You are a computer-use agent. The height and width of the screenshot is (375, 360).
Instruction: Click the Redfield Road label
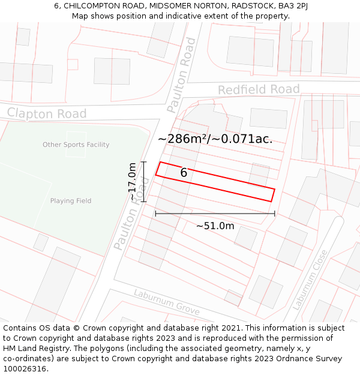[259, 90]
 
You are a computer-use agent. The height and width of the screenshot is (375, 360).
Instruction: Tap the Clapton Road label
[47, 113]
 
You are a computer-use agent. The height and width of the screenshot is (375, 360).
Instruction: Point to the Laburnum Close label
[310, 280]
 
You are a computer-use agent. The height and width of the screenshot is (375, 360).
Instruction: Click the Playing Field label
[71, 201]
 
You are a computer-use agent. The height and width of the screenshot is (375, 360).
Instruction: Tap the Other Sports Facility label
[76, 145]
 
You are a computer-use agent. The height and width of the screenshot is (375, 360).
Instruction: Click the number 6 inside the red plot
[184, 173]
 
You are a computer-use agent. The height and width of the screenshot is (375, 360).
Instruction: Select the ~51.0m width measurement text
[215, 226]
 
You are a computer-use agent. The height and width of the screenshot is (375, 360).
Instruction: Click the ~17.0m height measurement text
[133, 182]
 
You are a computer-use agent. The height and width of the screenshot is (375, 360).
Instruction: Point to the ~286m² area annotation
[215, 139]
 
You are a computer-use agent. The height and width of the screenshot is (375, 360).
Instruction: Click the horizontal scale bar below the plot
[215, 214]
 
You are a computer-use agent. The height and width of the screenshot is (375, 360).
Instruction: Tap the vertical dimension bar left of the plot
[144, 182]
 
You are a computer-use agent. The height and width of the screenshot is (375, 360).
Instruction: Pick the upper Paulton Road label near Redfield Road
[182, 75]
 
